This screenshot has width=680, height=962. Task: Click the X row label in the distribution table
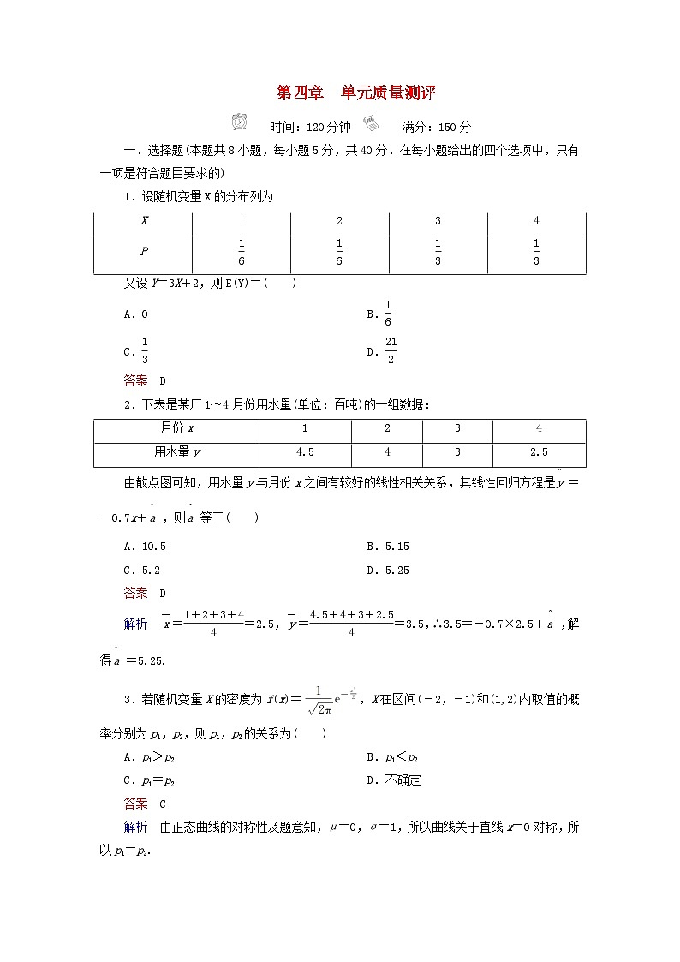144,221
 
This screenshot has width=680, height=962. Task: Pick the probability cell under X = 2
339,253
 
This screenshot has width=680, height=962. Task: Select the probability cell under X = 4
536,253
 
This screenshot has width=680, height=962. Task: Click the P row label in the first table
144,253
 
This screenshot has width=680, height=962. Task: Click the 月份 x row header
176,428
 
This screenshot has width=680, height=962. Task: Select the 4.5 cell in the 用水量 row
305,452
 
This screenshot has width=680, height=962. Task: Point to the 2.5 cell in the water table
539,452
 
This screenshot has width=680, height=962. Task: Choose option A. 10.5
145,546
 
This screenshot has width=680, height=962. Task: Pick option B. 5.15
387,546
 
